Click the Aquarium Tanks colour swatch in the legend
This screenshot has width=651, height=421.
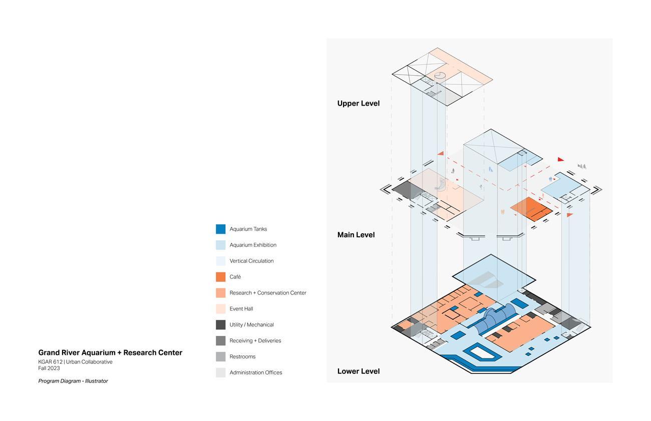click(220, 229)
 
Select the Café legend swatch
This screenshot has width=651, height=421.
click(220, 277)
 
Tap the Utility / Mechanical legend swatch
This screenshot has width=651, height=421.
click(220, 325)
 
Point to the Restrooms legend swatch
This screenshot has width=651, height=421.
click(220, 357)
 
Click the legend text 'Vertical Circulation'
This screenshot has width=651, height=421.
click(251, 261)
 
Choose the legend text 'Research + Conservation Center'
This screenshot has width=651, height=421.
click(268, 293)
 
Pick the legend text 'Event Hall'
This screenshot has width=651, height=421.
click(241, 309)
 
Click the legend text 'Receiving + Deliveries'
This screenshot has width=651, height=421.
click(255, 341)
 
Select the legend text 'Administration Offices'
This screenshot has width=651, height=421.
click(256, 373)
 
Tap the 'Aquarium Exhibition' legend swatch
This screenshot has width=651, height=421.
click(220, 245)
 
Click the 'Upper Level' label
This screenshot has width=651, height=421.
click(359, 104)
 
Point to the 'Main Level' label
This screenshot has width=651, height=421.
click(356, 235)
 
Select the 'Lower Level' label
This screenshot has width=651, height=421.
click(359, 371)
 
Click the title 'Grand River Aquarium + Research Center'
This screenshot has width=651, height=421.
click(110, 353)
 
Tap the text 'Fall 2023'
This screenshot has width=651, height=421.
click(49, 368)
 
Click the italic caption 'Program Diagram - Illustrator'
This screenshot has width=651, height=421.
click(73, 381)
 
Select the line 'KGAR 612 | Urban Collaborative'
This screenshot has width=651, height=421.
click(75, 362)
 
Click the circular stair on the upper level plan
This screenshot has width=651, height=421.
click(440, 76)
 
